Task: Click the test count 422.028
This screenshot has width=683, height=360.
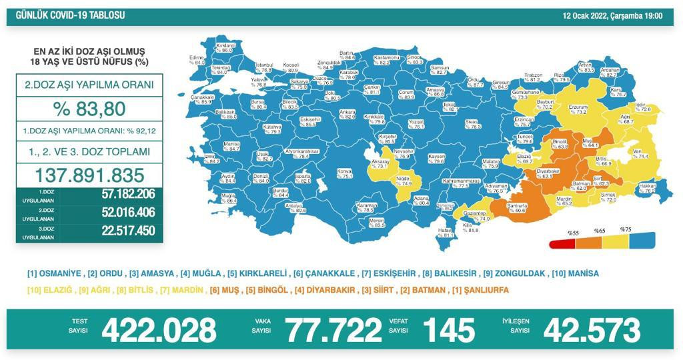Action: (159, 330)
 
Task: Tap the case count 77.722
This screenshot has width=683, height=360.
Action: (333, 330)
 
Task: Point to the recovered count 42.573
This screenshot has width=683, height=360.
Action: (592, 330)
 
